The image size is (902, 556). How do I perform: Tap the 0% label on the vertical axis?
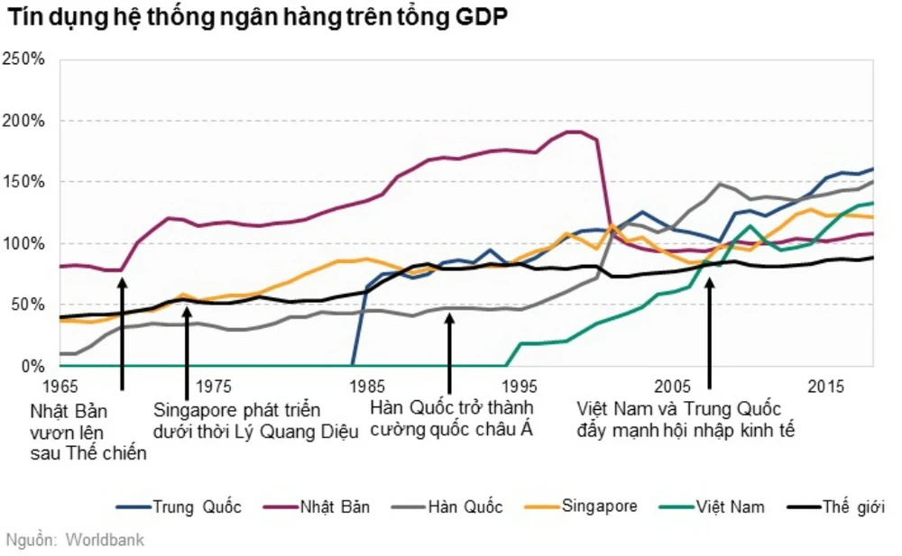tap(32, 366)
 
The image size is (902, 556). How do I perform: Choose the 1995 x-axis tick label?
tap(520, 387)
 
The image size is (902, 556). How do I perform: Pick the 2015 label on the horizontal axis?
tap(826, 387)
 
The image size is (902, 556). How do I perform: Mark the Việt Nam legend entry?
tap(731, 507)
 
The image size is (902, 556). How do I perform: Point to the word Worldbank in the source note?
tap(105, 541)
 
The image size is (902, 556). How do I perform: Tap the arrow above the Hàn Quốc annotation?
tap(449, 347)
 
